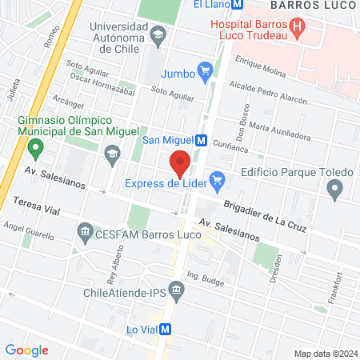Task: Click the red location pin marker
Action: click(x=181, y=162)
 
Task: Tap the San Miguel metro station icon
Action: click(x=201, y=140)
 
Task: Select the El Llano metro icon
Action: click(x=238, y=4)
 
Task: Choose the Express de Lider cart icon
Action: click(x=215, y=184)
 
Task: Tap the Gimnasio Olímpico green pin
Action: click(x=34, y=148)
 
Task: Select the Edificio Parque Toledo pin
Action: click(x=335, y=190)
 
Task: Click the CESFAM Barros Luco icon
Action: click(x=85, y=234)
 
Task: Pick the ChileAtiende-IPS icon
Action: click(x=177, y=293)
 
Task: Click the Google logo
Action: click(x=26, y=350)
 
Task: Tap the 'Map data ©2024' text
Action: click(x=325, y=354)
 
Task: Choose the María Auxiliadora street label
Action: click(x=279, y=131)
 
